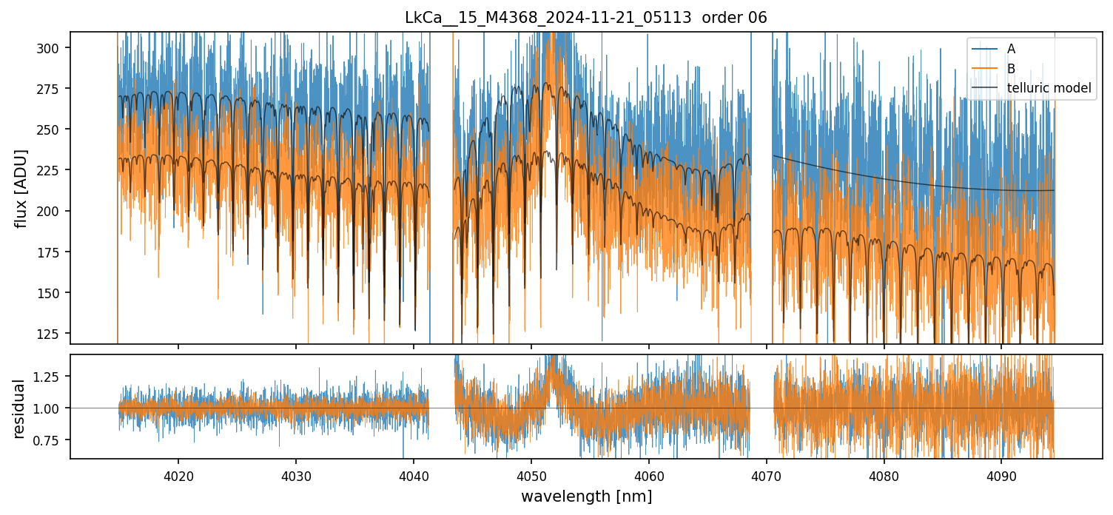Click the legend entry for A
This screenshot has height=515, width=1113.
[x=1012, y=49]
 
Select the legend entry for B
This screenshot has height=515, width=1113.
[x=1012, y=69]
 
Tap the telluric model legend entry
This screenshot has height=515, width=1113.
[x=1049, y=89]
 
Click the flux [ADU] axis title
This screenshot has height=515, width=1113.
[x=21, y=188]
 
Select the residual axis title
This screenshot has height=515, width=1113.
[x=19, y=408]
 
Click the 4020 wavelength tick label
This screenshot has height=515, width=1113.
[x=178, y=477]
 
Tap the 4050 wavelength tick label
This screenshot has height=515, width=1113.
[x=531, y=477]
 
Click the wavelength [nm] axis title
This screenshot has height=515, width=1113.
[x=586, y=496]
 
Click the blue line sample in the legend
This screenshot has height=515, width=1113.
[x=985, y=49]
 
